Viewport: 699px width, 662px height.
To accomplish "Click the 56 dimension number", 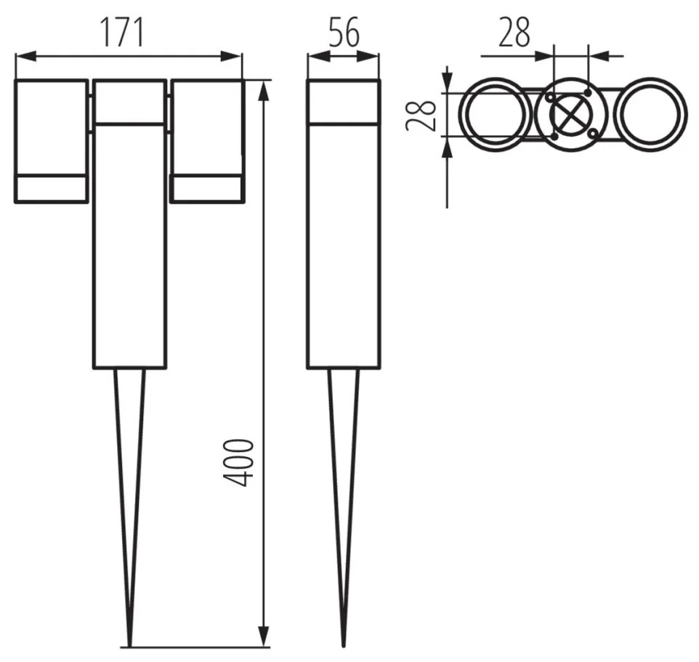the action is pos(344,33).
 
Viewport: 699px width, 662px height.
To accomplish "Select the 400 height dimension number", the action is pos(238,462).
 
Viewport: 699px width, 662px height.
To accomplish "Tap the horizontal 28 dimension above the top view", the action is pos(514,32).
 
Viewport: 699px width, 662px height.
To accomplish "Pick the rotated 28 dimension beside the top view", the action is pos(421,115).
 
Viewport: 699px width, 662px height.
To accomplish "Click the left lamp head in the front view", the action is pos(51,141).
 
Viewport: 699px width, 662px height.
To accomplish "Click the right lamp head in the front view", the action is pos(207,141).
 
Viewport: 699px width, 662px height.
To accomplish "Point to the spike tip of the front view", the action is pos(129,647).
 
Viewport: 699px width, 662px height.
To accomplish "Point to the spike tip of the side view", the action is pos(343,647).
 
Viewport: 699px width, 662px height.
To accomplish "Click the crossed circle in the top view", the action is pos(570,115).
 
